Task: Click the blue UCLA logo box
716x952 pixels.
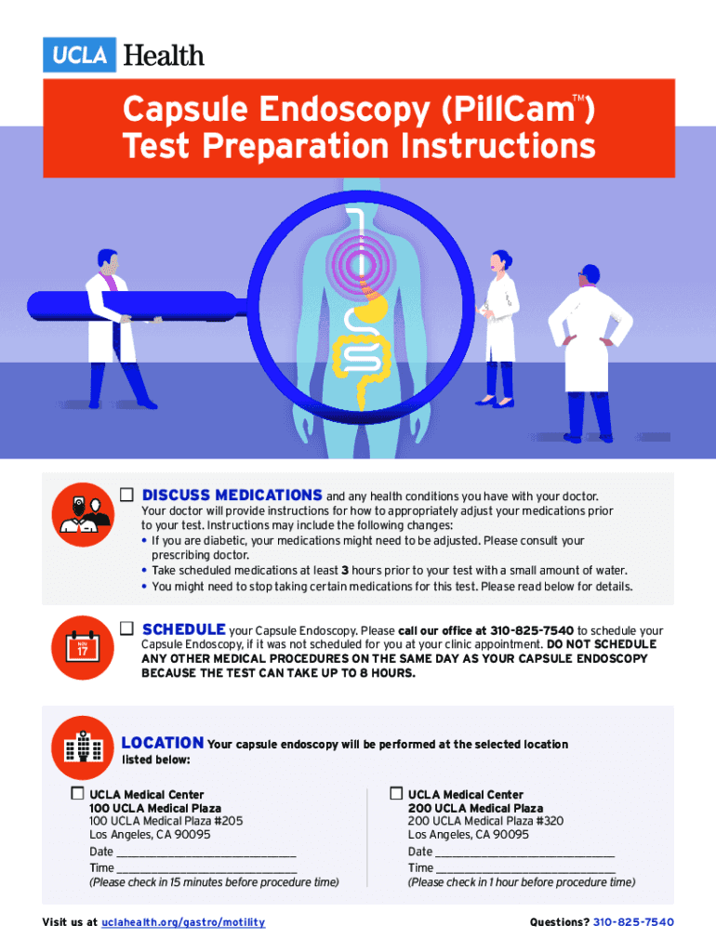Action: [x=79, y=55]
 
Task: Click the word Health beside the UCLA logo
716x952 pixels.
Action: [x=164, y=55]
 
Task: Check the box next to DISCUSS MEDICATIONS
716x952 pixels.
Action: [x=126, y=495]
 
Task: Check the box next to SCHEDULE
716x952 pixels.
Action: [x=126, y=628]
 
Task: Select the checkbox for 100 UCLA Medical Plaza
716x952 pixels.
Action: [x=77, y=793]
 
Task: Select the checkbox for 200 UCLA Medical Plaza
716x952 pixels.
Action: [x=396, y=793]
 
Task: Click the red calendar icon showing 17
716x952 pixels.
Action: [x=82, y=648]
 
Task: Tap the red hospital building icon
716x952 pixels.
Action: [x=82, y=747]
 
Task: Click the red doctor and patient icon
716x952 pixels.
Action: [x=83, y=515]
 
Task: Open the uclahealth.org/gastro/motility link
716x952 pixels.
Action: [x=183, y=922]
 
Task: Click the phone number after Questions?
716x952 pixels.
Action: [x=633, y=922]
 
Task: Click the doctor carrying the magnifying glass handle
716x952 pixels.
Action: [x=115, y=328]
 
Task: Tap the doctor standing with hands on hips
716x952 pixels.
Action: [x=590, y=352]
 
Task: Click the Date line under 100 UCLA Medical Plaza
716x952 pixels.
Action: [x=206, y=855]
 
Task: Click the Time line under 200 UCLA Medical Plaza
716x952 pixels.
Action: [x=525, y=872]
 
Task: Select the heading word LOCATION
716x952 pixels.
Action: [x=163, y=743]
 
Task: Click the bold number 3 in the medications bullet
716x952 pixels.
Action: [x=345, y=571]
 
